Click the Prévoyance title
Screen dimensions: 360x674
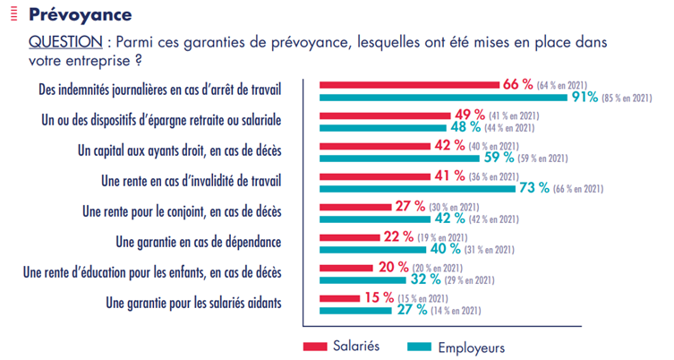point(80,15)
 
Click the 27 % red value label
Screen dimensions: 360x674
point(410,207)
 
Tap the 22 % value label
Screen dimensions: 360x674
point(398,237)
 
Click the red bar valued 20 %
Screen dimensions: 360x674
point(342,268)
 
